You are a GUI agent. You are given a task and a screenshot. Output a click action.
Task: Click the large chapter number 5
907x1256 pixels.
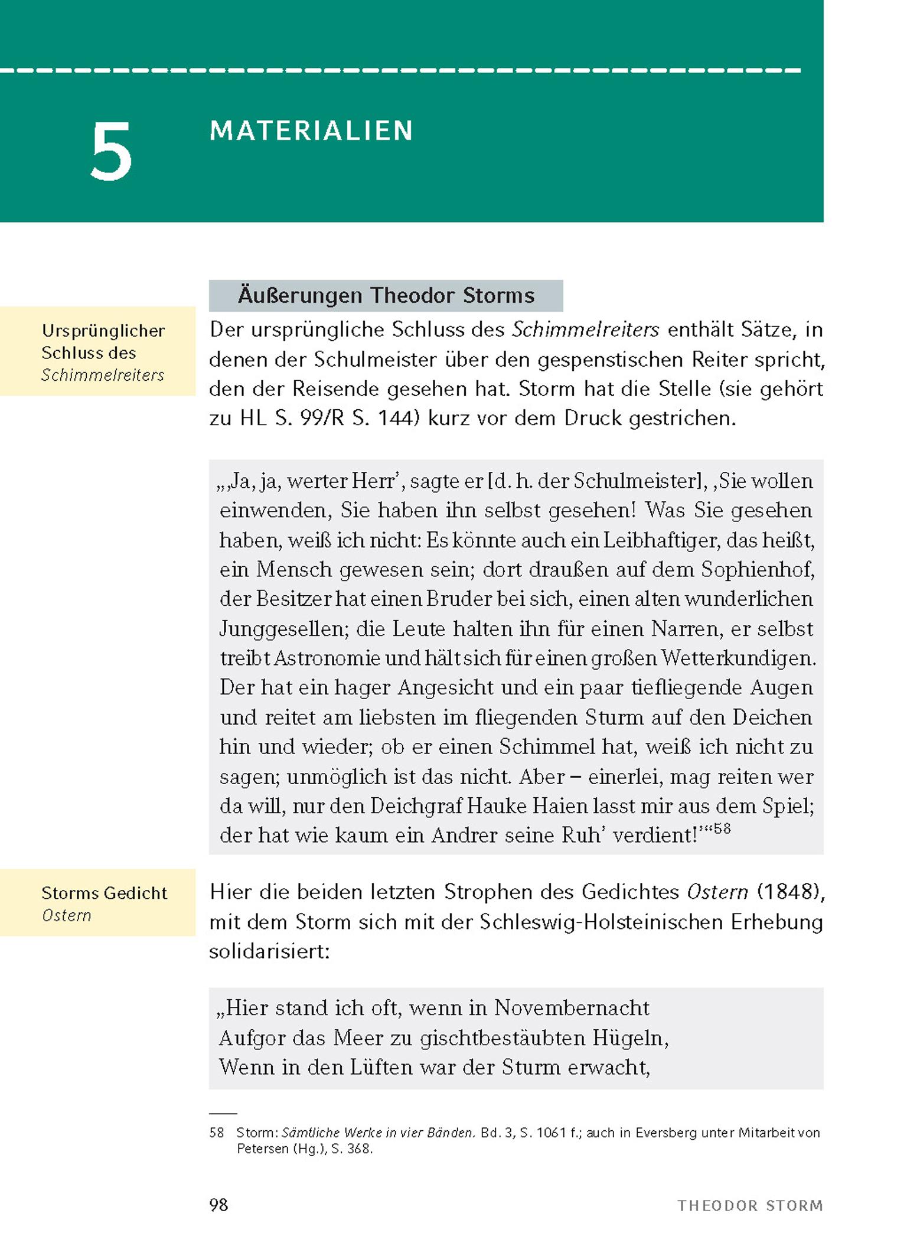coord(110,152)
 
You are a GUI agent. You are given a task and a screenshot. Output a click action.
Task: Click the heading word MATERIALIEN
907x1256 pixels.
coord(311,131)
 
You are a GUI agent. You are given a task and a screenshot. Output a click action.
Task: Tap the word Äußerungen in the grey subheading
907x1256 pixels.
coord(299,295)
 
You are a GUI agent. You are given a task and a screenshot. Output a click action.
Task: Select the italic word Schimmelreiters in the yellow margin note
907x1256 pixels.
coord(103,376)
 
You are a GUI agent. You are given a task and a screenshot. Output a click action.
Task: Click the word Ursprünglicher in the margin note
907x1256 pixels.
coord(103,331)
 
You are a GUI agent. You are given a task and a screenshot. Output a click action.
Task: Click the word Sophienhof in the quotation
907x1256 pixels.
coord(758,569)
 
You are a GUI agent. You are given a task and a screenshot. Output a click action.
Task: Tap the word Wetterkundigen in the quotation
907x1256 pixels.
coord(738,658)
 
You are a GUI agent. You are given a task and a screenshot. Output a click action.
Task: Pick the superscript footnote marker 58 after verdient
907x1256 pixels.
coord(722,828)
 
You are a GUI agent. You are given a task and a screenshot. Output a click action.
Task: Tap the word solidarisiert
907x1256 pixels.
coord(269,951)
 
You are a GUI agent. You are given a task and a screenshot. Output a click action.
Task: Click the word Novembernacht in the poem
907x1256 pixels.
coord(572,1007)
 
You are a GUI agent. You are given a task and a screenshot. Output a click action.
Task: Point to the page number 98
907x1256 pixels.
coord(218,1205)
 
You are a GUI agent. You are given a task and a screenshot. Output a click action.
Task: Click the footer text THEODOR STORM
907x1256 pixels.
coord(750,1206)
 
